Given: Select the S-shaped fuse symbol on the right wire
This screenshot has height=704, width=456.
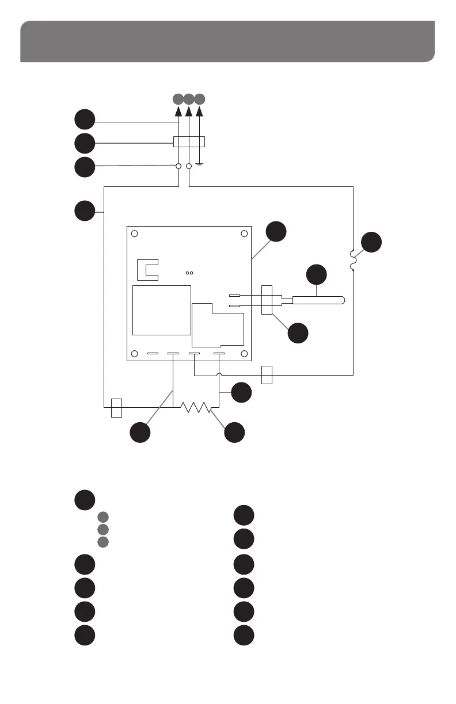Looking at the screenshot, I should [352, 259].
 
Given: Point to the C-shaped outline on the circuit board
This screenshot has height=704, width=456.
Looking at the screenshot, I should [149, 269].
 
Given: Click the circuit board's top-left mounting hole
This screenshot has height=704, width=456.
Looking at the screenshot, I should [134, 234].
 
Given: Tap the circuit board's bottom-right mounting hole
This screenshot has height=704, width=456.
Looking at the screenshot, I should [244, 353].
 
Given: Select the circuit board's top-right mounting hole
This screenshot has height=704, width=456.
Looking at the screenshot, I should [244, 234].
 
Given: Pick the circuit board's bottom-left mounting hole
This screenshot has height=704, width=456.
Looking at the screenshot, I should [134, 353].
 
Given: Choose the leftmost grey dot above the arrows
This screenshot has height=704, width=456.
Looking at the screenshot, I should [178, 98].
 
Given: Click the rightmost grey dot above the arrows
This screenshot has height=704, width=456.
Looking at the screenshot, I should [200, 98].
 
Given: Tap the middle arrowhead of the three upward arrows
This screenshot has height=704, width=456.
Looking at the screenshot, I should [189, 110].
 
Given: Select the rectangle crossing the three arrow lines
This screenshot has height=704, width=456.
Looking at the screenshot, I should [189, 141].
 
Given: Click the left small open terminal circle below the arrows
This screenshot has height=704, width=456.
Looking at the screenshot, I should [178, 166].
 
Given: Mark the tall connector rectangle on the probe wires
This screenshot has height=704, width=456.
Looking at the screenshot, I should [267, 300].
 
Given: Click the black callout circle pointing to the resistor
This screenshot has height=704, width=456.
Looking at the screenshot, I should [234, 433].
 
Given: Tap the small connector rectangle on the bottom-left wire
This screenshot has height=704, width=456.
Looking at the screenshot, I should [116, 407].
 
